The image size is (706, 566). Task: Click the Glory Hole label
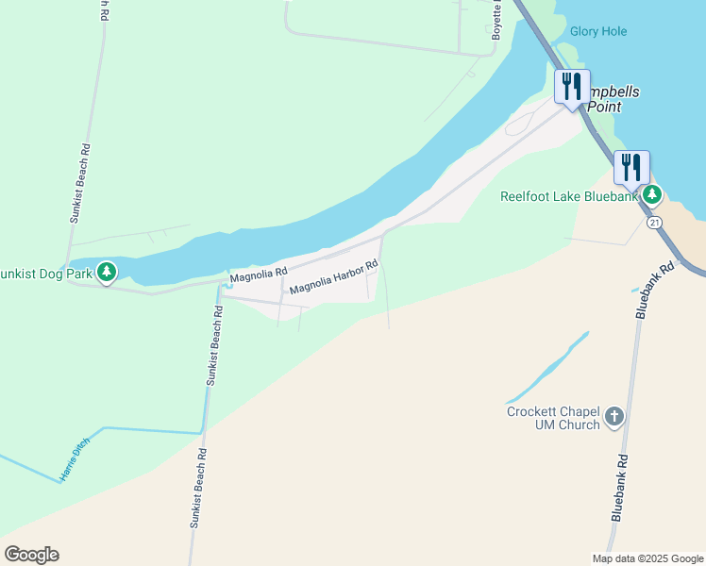(x=598, y=31)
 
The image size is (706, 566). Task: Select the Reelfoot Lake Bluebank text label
(x=570, y=196)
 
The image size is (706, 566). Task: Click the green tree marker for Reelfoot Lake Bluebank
(x=652, y=195)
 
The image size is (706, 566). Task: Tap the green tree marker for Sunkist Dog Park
(x=107, y=273)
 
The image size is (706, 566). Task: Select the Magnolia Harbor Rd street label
(x=333, y=276)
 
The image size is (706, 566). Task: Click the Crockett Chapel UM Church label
(x=553, y=418)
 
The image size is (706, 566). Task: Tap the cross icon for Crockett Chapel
(x=614, y=417)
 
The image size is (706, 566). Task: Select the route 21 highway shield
(x=655, y=223)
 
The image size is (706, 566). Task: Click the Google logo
(x=31, y=555)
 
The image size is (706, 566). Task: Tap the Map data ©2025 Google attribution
(x=647, y=558)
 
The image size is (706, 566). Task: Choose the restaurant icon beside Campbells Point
(x=572, y=88)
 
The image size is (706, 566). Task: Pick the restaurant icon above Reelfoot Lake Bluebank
(x=630, y=168)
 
